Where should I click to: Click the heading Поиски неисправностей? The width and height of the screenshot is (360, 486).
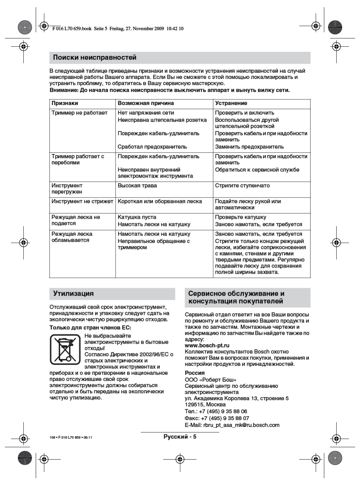(95, 58)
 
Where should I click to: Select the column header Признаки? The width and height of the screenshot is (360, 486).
(65, 103)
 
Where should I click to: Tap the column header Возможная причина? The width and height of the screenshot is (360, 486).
(146, 103)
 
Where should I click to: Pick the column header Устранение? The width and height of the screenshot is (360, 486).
(231, 103)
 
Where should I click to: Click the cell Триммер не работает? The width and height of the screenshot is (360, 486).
(79, 113)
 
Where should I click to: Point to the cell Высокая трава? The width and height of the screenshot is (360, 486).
(137, 186)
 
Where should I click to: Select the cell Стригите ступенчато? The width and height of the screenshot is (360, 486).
(242, 186)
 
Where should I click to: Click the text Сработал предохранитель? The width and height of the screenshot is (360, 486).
(152, 147)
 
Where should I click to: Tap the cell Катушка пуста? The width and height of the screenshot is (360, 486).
(137, 217)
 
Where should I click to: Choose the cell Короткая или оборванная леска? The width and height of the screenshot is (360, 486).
(160, 201)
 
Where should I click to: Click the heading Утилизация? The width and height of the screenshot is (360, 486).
(73, 294)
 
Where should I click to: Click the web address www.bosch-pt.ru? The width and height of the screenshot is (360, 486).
(207, 345)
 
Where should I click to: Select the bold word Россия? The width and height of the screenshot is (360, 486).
(195, 373)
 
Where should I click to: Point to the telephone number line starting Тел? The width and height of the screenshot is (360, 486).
(216, 411)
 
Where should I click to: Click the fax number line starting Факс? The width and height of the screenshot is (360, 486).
(217, 418)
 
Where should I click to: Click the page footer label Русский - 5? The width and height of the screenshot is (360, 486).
(180, 437)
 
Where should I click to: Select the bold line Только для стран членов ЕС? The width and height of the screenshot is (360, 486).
(90, 328)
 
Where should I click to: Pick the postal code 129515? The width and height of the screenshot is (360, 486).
(195, 404)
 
